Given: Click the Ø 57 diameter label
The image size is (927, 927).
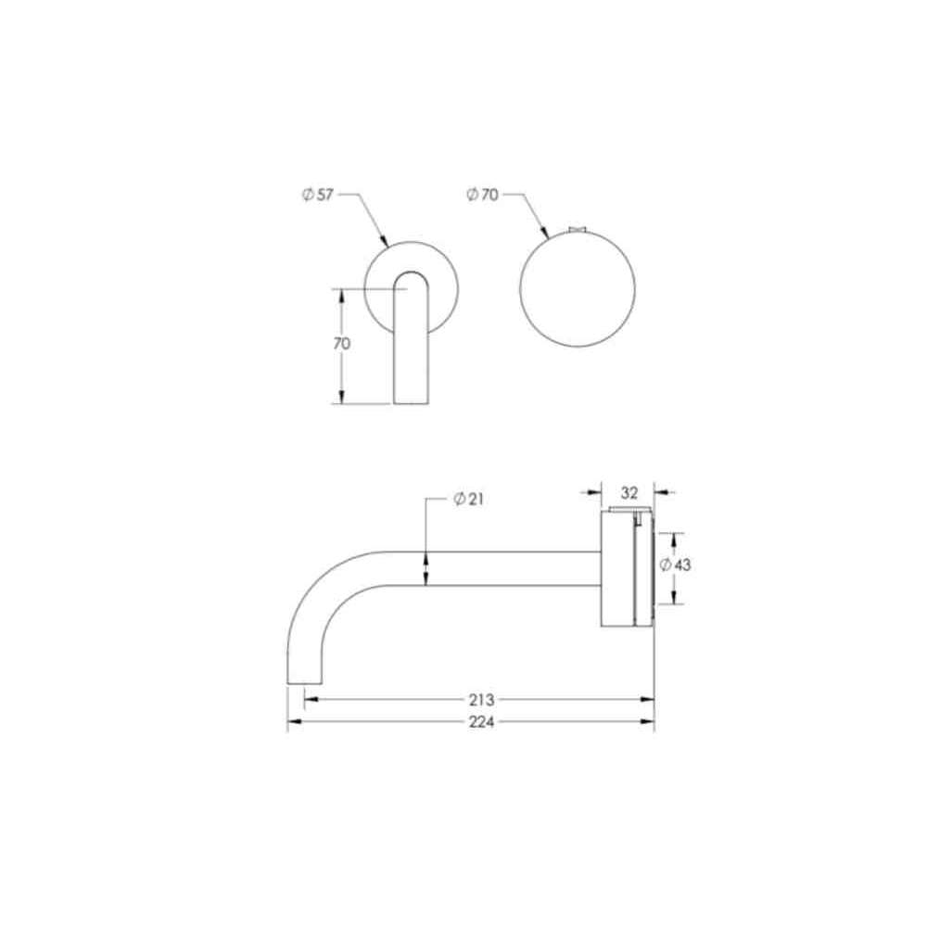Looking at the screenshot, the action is (317, 195).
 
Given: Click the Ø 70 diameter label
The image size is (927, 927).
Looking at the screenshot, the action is (482, 194).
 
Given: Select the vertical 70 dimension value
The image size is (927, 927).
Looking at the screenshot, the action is (342, 344).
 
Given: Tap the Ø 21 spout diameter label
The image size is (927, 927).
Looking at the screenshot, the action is (468, 500).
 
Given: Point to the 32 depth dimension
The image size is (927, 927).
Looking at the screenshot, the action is (629, 492).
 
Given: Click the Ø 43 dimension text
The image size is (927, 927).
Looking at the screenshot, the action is (675, 565).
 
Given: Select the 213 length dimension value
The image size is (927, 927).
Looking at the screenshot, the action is (481, 700).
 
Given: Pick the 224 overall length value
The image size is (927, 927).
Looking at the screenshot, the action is (481, 722).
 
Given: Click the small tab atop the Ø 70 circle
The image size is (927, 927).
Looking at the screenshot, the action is (577, 229).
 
